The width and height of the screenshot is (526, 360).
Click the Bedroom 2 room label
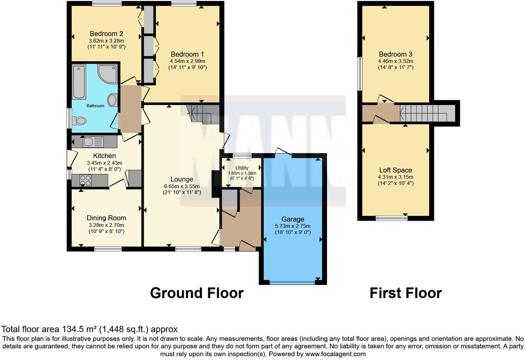click(x=106, y=34)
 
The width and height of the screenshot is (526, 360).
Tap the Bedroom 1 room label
click(x=187, y=54)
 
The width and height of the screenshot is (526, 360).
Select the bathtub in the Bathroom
click(x=79, y=82)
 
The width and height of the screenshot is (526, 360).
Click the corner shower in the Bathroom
click(x=108, y=74)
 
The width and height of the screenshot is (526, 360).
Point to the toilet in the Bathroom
click(x=80, y=121)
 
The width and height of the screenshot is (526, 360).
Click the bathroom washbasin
click(x=112, y=101)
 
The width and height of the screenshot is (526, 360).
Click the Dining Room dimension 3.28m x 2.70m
click(x=106, y=225)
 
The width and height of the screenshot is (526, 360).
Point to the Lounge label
click(x=182, y=179)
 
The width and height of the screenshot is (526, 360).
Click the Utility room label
click(x=242, y=168)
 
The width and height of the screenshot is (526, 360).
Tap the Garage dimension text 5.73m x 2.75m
click(x=293, y=226)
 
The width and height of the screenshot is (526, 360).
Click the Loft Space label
click(x=395, y=170)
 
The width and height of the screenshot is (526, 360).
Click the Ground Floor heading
click(x=197, y=293)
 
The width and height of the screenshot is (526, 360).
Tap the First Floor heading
click(x=405, y=293)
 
